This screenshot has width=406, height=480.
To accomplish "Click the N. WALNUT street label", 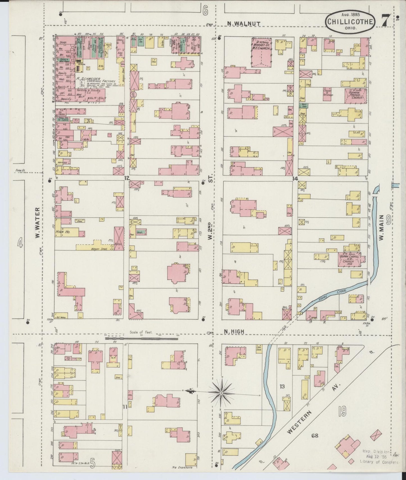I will [244, 24].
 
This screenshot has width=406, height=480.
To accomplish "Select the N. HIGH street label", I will [234, 332].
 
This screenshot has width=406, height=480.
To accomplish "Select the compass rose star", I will [222, 392].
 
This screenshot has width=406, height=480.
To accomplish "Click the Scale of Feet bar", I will [141, 339].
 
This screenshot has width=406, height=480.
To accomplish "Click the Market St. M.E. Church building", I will [261, 52].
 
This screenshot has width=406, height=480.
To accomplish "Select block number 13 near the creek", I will [282, 387].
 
